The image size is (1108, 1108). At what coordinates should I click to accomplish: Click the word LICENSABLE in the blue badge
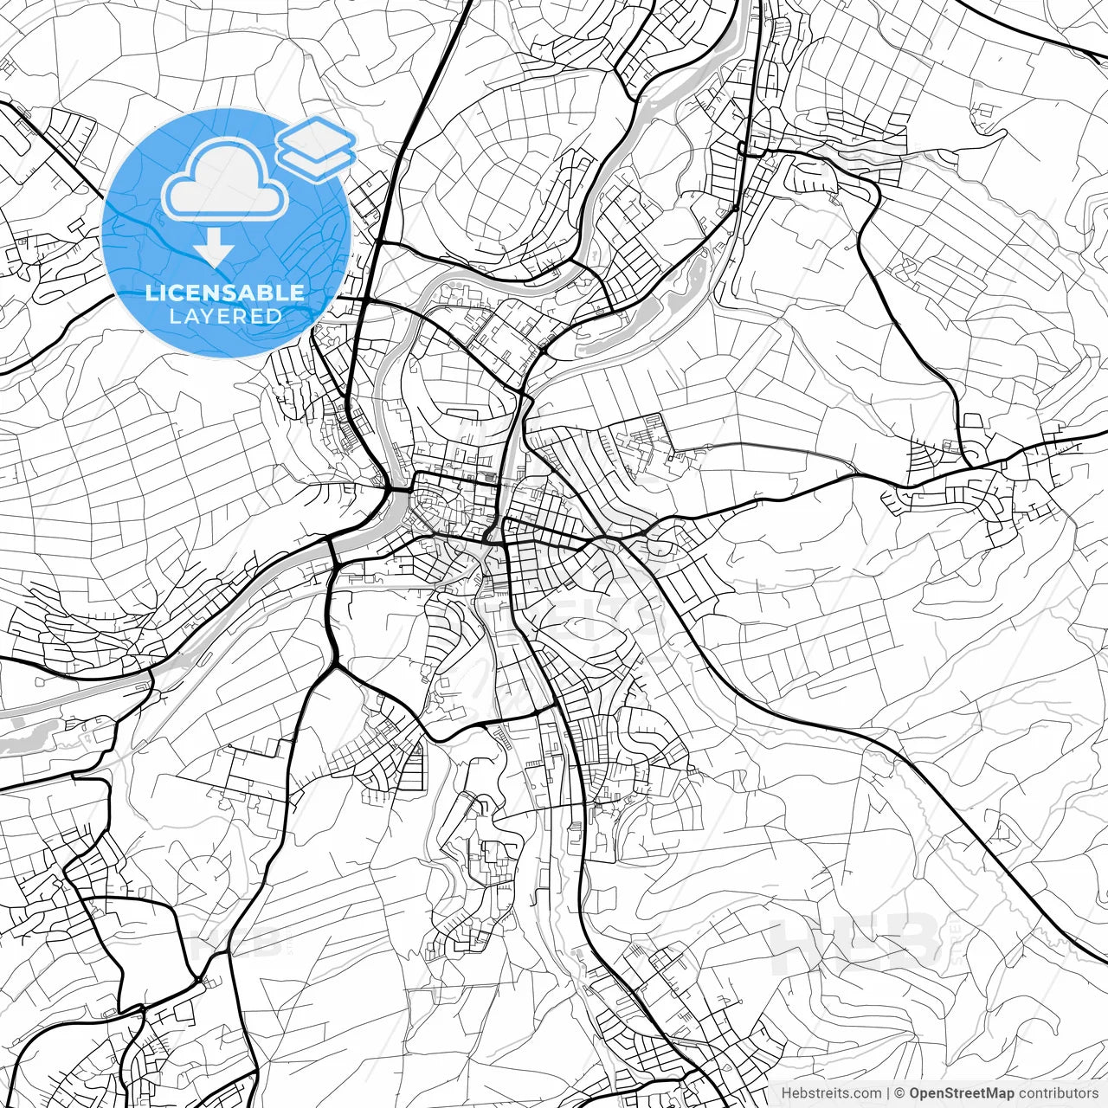[225, 293]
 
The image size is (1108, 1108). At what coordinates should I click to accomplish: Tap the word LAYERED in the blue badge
[225, 316]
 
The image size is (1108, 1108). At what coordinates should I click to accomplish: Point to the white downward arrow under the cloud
[213, 249]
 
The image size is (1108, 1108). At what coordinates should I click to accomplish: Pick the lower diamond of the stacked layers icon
[315, 158]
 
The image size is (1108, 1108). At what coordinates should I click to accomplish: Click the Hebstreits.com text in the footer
[831, 1093]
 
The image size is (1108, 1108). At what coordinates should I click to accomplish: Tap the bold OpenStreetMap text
[961, 1093]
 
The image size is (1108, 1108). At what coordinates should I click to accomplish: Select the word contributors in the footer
[1057, 1093]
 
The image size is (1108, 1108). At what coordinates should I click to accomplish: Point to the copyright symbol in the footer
[899, 1093]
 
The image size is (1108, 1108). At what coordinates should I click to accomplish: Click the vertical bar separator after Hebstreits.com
[888, 1093]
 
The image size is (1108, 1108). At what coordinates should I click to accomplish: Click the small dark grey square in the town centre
[492, 477]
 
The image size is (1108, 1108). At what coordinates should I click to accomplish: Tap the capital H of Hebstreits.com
[786, 1093]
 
